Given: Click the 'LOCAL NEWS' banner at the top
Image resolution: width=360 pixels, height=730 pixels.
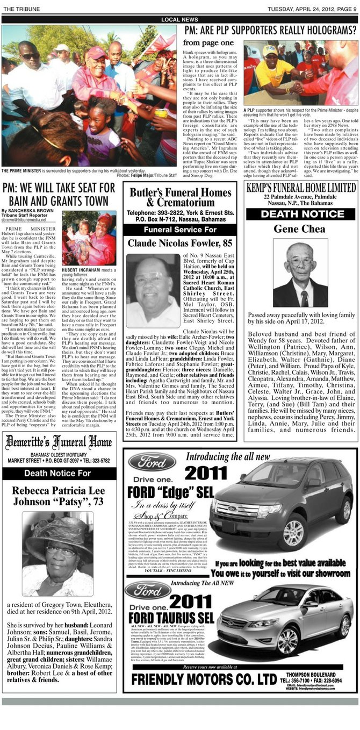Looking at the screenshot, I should click(x=179, y=19).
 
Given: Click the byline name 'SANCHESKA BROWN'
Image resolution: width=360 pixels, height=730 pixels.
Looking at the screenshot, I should click(x=32, y=210).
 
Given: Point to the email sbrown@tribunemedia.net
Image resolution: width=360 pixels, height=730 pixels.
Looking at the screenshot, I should click(x=24, y=220).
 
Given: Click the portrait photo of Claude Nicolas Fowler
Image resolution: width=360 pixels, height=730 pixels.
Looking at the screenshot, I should click(x=152, y=291).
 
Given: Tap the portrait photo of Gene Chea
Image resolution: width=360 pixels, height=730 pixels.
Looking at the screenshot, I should click(x=300, y=275).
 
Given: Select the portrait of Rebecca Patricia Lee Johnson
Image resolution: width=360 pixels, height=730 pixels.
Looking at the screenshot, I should click(x=57, y=554).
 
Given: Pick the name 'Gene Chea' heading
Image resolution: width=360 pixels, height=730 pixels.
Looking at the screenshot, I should click(x=300, y=229).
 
